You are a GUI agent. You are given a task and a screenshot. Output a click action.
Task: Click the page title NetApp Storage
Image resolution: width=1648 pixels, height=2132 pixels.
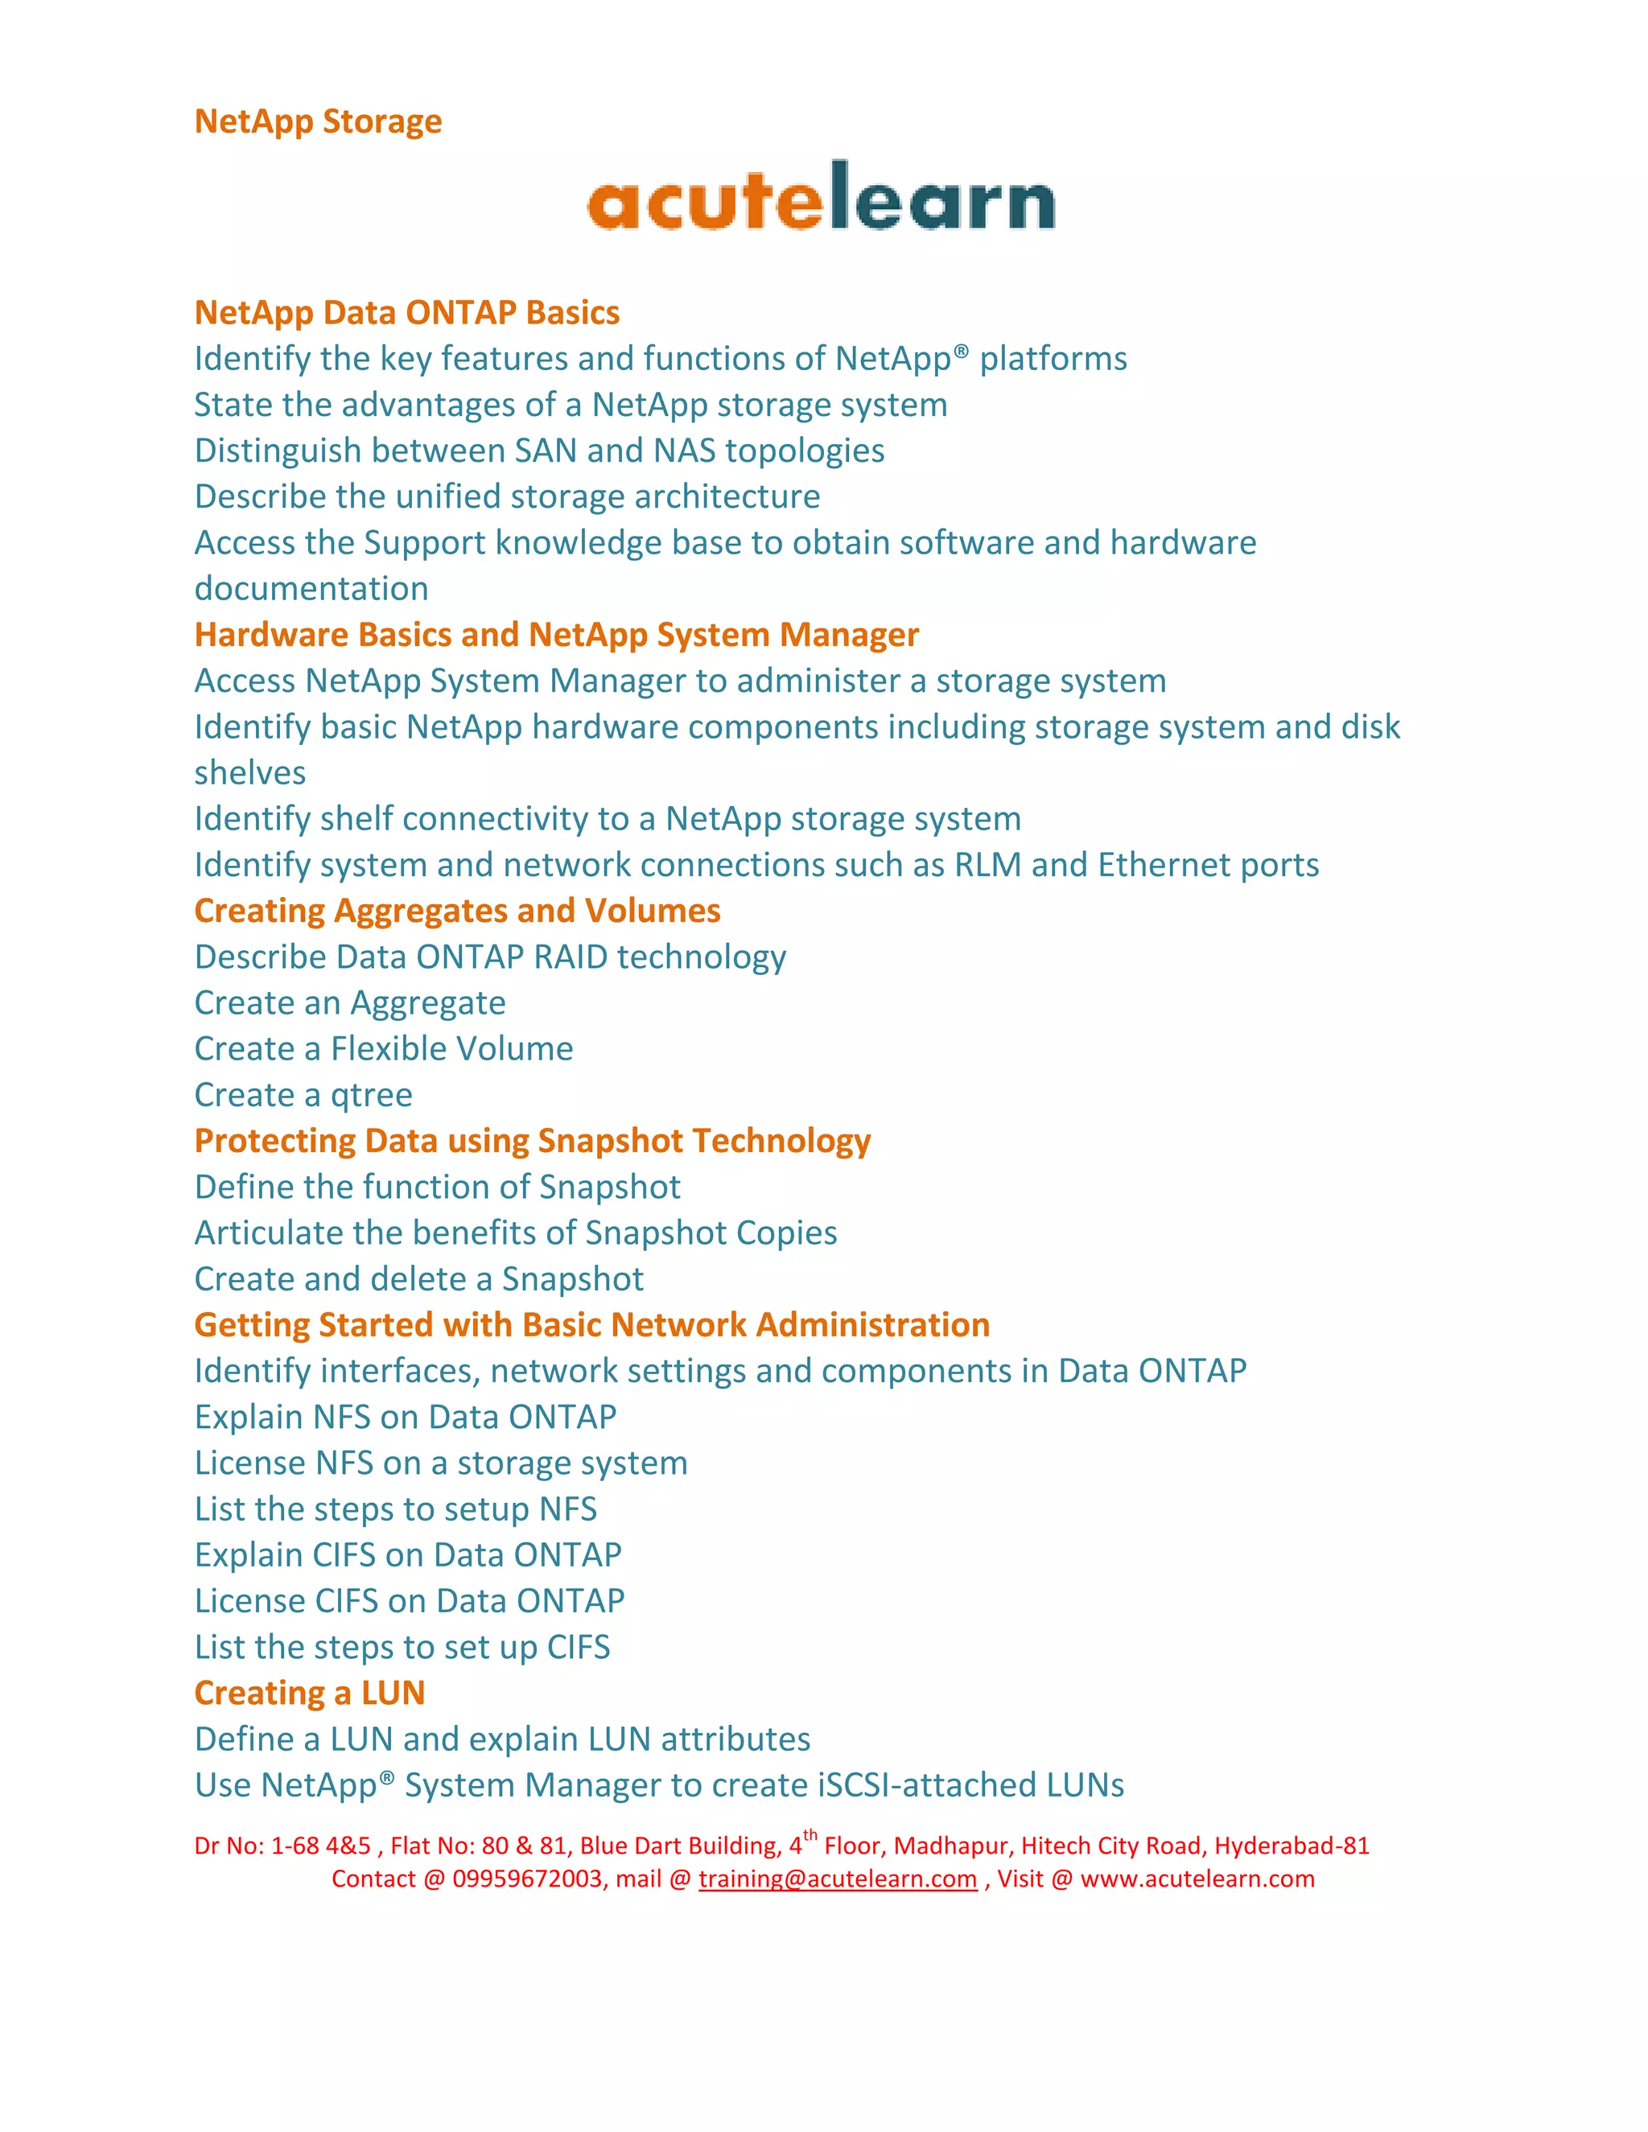click(x=319, y=121)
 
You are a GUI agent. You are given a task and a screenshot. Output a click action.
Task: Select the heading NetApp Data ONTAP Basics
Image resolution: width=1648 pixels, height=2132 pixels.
click(x=407, y=312)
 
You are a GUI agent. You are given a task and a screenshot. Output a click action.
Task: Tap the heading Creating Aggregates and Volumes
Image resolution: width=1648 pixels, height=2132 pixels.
click(x=457, y=911)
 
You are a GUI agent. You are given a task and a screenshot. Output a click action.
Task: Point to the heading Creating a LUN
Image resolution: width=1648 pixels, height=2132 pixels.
click(x=310, y=1693)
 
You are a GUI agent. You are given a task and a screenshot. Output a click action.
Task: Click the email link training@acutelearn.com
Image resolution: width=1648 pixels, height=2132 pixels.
click(x=838, y=1879)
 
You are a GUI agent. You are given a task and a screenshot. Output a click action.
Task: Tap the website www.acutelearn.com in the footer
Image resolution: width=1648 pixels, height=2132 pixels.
click(x=1197, y=1879)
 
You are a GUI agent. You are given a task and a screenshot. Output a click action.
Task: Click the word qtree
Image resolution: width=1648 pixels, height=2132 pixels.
click(x=371, y=1095)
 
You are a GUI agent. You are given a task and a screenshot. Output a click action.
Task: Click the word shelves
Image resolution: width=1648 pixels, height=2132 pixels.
click(x=250, y=773)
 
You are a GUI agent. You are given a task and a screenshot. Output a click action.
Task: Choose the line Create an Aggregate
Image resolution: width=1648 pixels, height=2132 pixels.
click(x=349, y=1002)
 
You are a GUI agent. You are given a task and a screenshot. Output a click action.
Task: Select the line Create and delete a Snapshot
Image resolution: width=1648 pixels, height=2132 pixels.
click(x=418, y=1279)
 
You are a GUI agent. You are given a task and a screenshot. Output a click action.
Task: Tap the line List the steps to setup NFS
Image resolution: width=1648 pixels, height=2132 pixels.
click(x=395, y=1509)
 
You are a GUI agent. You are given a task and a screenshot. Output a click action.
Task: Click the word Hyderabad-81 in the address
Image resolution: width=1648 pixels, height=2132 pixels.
click(x=1292, y=1846)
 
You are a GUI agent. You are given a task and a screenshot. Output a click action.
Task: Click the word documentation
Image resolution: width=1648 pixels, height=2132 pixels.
click(x=311, y=589)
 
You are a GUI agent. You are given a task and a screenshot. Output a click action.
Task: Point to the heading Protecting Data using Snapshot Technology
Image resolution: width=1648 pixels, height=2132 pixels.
click(x=532, y=1141)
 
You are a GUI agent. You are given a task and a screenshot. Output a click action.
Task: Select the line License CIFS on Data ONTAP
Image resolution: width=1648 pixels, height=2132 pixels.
click(x=409, y=1601)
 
